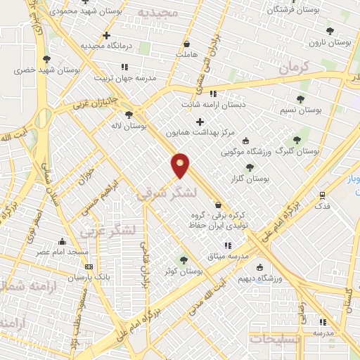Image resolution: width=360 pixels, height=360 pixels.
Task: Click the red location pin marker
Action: click(x=181, y=165)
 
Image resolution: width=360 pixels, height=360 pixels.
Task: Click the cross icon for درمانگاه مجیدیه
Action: click(x=106, y=34)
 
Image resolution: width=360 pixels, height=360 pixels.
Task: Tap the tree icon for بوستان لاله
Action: click(x=128, y=115)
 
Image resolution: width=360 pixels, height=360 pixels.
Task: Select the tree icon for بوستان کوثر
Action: click(x=184, y=260)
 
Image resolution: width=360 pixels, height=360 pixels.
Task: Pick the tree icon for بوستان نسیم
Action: click(x=301, y=99)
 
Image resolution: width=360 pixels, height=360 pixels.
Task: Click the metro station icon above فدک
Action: click(x=322, y=195)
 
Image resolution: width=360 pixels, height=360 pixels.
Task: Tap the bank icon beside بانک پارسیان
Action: click(x=89, y=266)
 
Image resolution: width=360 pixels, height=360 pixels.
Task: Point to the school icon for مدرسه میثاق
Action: click(x=227, y=245)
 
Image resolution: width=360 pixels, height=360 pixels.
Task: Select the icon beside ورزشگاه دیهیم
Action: click(x=260, y=267)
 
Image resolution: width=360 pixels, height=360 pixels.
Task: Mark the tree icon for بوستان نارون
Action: click(x=330, y=31)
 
